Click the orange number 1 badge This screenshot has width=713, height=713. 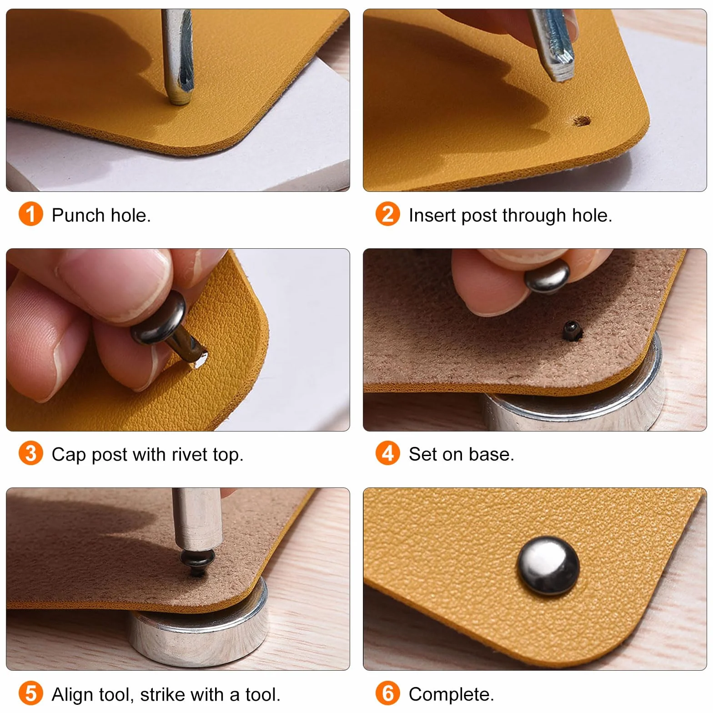tap(30, 214)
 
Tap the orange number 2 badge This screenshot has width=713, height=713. tap(387, 214)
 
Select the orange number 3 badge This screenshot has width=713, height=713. tap(30, 453)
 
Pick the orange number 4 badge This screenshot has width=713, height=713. tap(387, 453)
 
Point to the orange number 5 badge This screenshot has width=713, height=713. tap(30, 693)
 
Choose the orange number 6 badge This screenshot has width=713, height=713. tap(387, 693)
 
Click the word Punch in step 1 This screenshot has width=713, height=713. tap(78, 215)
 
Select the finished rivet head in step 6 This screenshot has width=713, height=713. tap(548, 566)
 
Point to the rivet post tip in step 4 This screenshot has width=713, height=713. tap(572, 330)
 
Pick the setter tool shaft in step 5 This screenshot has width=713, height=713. tap(196, 518)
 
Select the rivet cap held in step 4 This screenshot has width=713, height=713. tap(547, 276)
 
